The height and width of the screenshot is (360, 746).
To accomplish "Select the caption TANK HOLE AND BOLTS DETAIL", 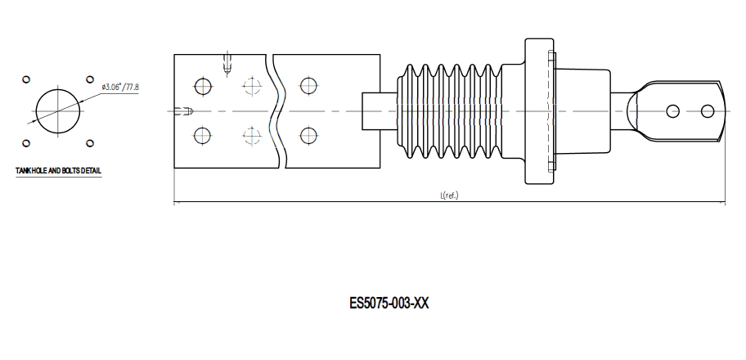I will [x=59, y=171].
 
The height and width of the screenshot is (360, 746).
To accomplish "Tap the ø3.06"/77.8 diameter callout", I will [x=119, y=87].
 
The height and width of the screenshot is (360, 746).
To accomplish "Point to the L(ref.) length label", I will [x=449, y=196].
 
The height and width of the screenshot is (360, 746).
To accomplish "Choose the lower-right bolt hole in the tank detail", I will [x=90, y=142].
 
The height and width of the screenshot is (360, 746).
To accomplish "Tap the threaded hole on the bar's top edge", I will [x=227, y=61].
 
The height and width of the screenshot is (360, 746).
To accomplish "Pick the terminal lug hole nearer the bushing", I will [x=672, y=110].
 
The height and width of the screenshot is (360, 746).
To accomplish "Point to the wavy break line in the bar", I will [x=276, y=110].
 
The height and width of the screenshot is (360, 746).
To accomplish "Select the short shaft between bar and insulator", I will [x=379, y=110].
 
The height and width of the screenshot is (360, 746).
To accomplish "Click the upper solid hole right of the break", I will [x=308, y=85].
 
